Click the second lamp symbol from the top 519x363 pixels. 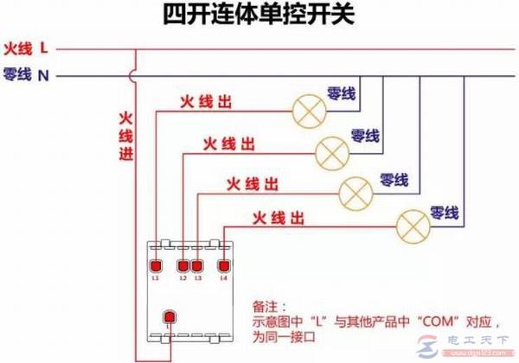coord(330,152)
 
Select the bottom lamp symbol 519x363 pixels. coord(411,226)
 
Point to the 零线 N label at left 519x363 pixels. coord(26,76)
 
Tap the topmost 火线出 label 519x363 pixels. coord(205,102)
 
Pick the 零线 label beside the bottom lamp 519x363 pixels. coord(444,212)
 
